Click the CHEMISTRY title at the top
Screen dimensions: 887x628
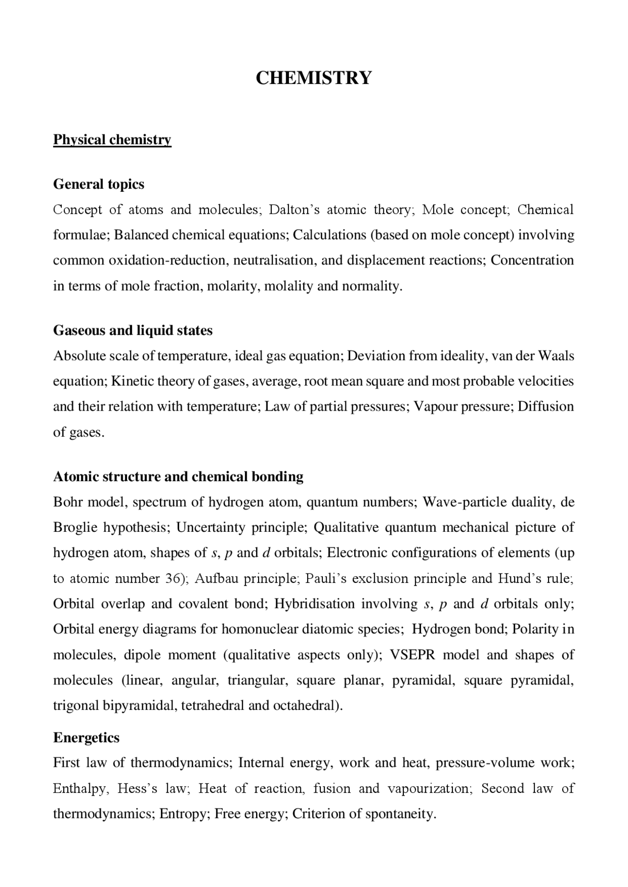click(x=314, y=78)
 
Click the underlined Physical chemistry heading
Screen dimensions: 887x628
click(x=112, y=140)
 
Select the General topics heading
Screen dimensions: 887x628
click(x=99, y=184)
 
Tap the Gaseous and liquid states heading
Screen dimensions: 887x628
click(x=132, y=331)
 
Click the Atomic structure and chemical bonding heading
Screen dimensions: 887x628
click(x=178, y=477)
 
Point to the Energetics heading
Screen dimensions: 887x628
click(x=86, y=738)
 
